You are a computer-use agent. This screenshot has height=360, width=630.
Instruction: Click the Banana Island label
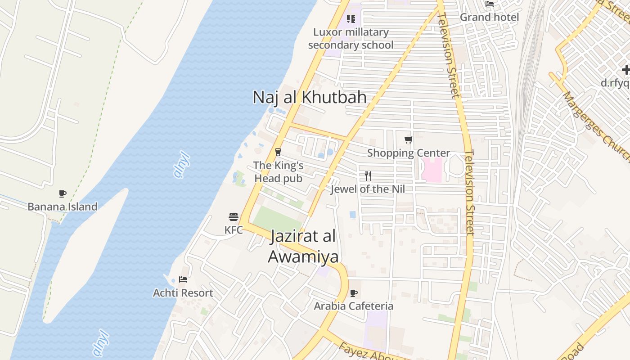point(63,207)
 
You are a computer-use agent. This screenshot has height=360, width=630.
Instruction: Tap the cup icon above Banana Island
point(63,194)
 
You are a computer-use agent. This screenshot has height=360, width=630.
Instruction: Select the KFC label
point(234,230)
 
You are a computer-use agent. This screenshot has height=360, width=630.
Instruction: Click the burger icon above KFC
point(233,217)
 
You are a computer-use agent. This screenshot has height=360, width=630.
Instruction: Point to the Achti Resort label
point(183,293)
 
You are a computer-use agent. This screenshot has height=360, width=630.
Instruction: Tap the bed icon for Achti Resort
point(183,279)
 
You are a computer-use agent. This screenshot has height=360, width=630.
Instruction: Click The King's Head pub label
point(278,172)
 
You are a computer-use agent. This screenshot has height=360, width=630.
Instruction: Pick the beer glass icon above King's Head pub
point(278,152)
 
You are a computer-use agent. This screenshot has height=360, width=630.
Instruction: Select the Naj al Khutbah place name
point(310,97)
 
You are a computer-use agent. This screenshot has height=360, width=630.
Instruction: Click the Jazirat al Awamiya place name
point(303,246)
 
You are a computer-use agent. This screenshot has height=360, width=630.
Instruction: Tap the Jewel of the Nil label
point(368,189)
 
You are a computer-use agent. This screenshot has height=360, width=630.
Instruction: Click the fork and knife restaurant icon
point(368,175)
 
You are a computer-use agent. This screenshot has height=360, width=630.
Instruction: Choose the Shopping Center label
point(409,153)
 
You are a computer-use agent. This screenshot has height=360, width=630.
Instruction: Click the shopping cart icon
point(408,139)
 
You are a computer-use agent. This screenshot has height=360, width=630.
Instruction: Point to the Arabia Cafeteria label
point(354,306)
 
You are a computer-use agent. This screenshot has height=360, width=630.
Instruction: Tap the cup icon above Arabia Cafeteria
point(354,293)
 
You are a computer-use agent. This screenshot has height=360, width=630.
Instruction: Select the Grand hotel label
point(489,17)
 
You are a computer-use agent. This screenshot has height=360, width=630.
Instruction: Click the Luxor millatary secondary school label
point(351,38)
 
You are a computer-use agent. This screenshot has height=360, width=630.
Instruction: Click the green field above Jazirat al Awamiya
point(277,219)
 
